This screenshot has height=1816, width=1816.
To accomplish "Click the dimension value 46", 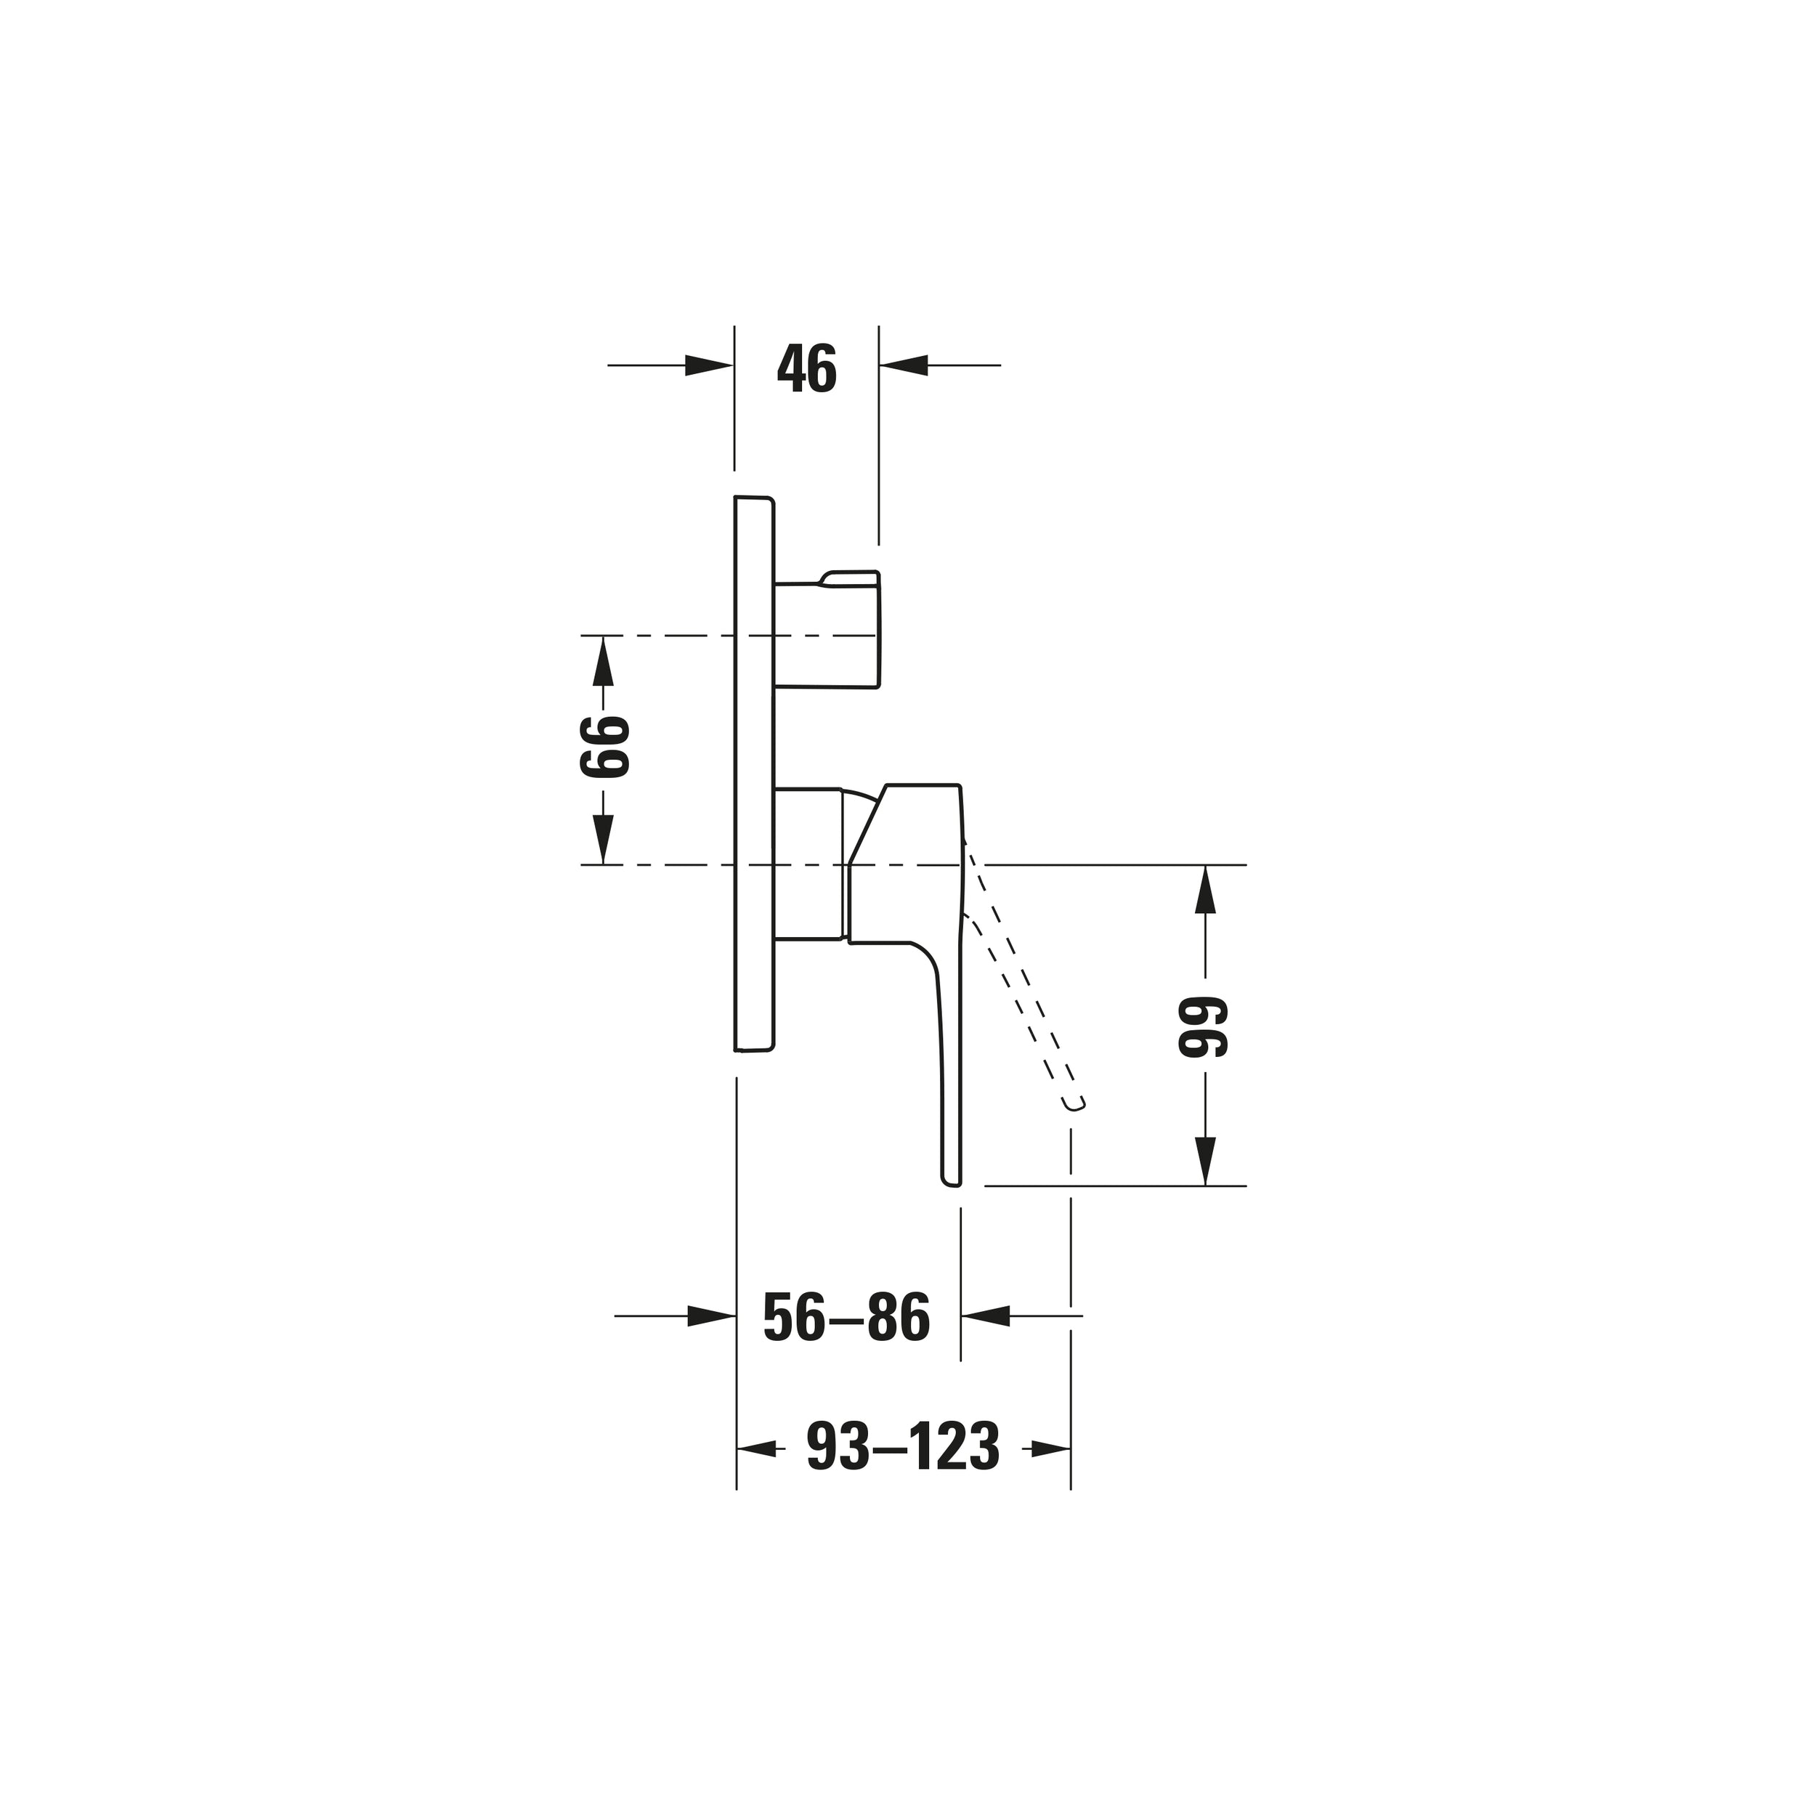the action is [806, 370].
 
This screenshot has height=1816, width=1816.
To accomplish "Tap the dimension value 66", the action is [604, 747].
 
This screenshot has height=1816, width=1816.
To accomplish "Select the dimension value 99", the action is [1204, 1026].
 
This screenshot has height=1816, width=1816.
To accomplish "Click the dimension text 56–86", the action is [846, 1317].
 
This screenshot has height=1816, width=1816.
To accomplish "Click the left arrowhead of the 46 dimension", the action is [710, 365].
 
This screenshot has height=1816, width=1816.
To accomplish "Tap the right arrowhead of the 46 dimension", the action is [904, 365].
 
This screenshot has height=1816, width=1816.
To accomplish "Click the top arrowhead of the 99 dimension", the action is [1205, 889].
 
